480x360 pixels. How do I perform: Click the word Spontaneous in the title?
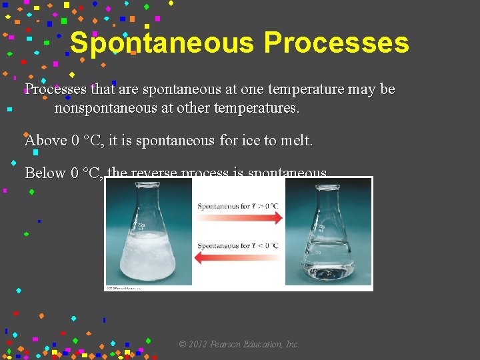click(162, 43)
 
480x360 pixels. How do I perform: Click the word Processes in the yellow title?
click(336, 43)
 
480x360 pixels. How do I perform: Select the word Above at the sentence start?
click(45, 141)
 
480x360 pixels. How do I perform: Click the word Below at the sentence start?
click(45, 173)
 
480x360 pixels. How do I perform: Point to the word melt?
click(297, 141)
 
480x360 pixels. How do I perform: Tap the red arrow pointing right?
click(240, 218)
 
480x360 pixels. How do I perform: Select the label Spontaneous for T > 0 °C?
click(238, 206)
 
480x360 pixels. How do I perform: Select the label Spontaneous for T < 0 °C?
click(238, 246)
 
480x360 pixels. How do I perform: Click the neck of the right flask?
click(327, 200)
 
